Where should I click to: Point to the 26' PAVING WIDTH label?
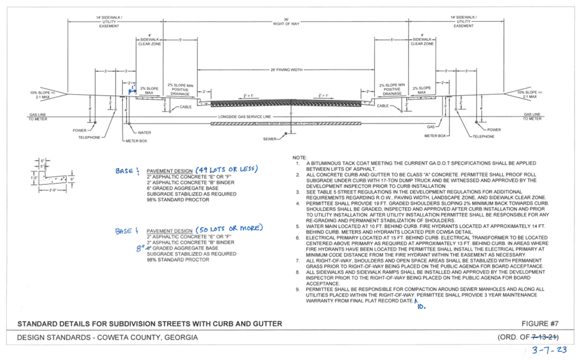click(x=286, y=69)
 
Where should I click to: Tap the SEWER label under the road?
click(x=269, y=139)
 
